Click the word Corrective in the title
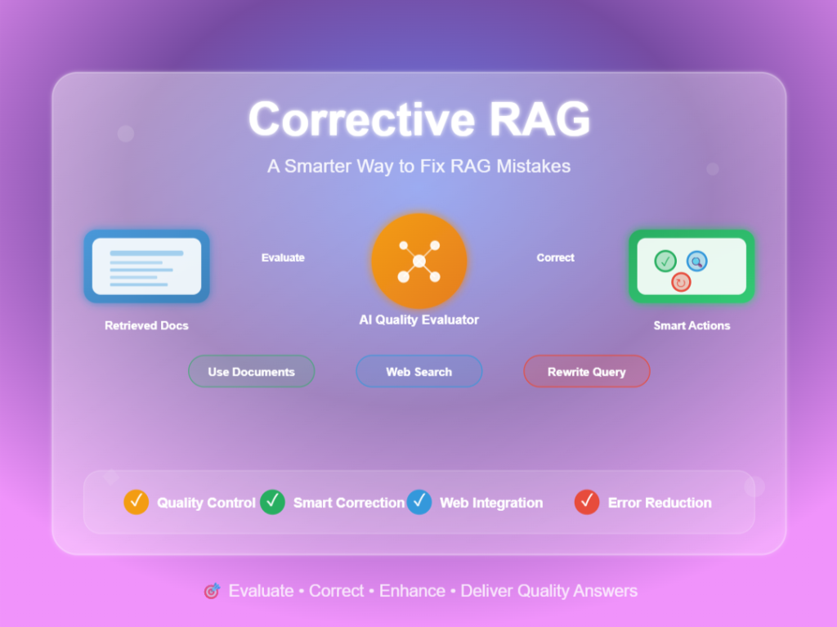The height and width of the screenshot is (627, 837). [x=359, y=119]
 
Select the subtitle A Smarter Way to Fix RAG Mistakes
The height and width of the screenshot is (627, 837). [x=418, y=166]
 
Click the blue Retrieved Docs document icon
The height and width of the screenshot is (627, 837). [x=146, y=266]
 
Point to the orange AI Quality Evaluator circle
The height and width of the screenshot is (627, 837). [x=418, y=261]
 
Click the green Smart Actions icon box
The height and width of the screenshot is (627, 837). [x=692, y=266]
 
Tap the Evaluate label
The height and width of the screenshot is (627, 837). [x=283, y=258]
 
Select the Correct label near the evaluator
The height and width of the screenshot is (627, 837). [x=555, y=258]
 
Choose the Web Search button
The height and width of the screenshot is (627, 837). [x=418, y=371]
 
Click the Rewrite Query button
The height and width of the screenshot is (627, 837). [x=586, y=371]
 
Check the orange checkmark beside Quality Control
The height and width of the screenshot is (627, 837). [x=136, y=502]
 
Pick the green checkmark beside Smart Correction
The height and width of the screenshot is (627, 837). [x=272, y=502]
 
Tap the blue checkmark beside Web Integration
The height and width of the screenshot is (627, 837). [x=419, y=502]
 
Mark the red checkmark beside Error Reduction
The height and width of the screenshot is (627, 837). [x=587, y=502]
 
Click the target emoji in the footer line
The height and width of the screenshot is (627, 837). [x=212, y=591]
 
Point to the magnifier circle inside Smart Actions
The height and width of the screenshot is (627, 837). [x=696, y=262]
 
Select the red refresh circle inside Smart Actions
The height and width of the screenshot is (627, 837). [x=681, y=282]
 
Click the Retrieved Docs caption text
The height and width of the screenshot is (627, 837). [x=146, y=325]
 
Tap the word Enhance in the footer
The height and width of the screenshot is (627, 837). [x=412, y=591]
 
